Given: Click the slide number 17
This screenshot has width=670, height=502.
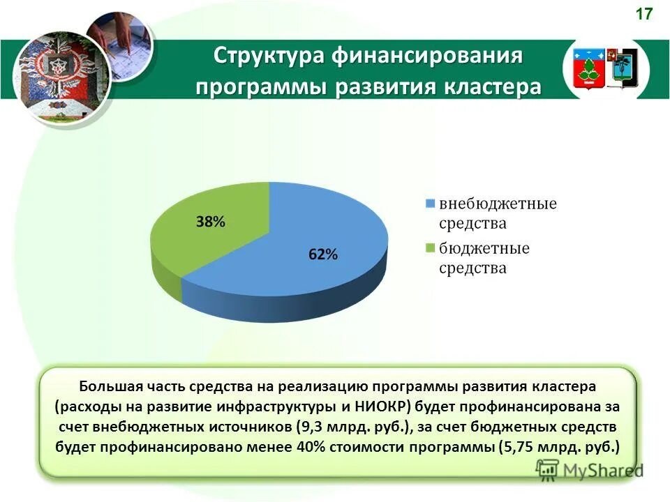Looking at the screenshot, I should (644, 13).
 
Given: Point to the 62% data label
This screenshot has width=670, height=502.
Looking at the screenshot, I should (323, 255).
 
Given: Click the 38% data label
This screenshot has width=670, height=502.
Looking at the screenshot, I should (209, 222).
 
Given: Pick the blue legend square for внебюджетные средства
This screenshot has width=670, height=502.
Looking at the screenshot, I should (430, 204).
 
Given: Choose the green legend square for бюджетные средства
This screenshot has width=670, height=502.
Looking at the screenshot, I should (430, 248).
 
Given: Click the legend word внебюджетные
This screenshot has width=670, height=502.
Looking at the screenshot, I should (498, 204).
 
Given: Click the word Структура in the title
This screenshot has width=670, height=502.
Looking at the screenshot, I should (265, 56).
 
